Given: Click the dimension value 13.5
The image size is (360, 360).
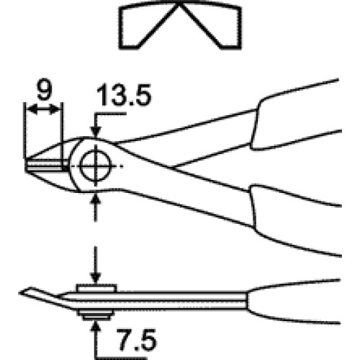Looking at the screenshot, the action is (x=124, y=94).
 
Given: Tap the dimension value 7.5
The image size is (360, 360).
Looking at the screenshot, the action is (x=137, y=339).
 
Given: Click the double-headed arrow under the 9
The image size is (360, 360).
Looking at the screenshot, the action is (x=43, y=110).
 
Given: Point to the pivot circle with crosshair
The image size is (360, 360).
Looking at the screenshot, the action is (x=96, y=166).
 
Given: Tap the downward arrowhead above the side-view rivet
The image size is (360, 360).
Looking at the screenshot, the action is (x=96, y=278).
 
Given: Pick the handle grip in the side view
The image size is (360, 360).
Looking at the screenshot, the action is (x=293, y=301).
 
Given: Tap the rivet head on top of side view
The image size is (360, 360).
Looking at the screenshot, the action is (x=96, y=288).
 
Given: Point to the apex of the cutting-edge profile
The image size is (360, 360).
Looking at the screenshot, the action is (x=179, y=4).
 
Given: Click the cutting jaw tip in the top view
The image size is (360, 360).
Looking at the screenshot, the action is (x=27, y=165).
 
